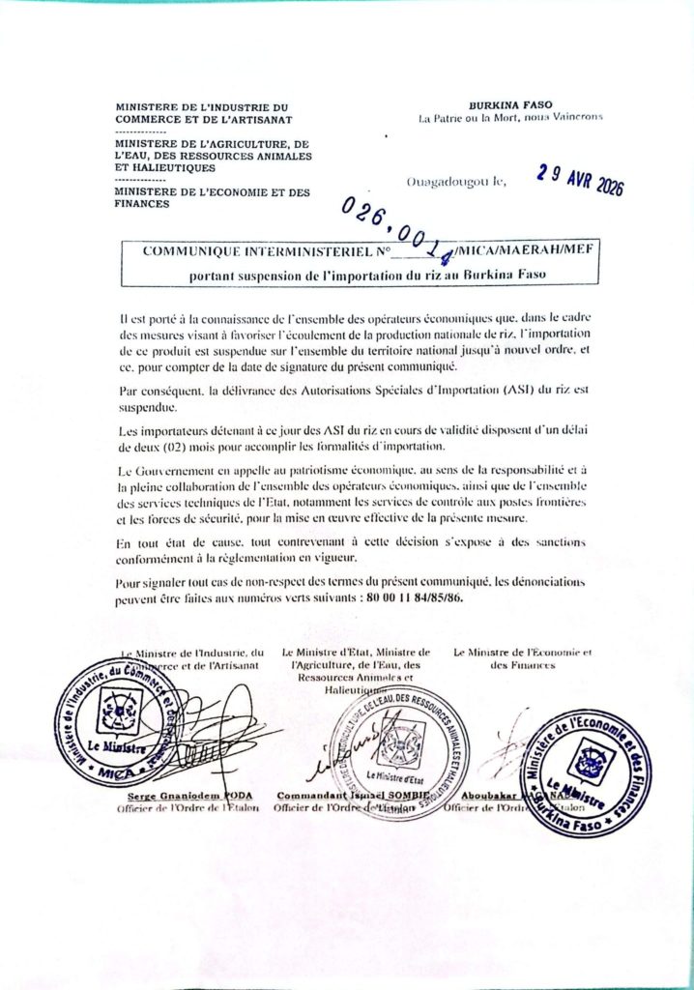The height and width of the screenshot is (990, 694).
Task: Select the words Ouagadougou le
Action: (456, 181)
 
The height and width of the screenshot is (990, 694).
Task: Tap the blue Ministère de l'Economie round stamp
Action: (585, 772)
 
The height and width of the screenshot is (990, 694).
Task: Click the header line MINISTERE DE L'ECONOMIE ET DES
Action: (213, 192)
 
